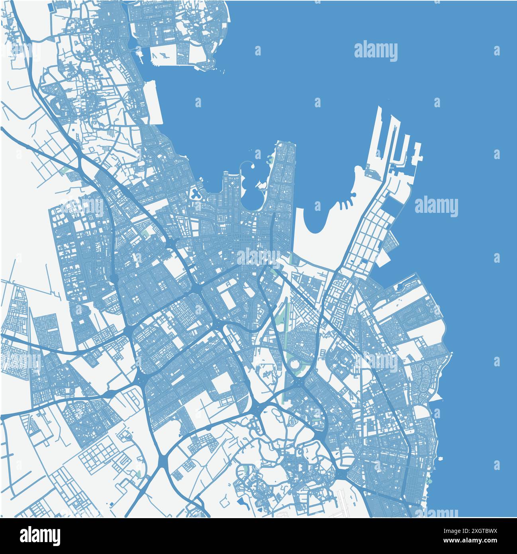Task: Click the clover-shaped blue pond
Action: tap(196, 194)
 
